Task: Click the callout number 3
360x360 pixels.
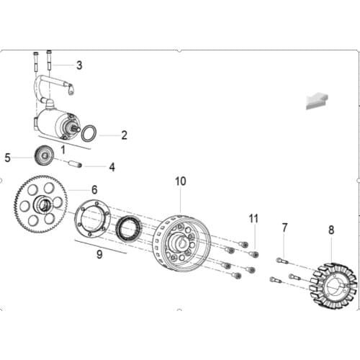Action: coord(79,66)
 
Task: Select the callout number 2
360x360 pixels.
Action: coord(124,135)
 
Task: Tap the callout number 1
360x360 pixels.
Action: coord(63,150)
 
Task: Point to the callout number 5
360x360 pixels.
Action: coord(8,157)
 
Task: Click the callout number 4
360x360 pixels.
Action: coord(112,167)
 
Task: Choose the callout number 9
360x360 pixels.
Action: coord(99,254)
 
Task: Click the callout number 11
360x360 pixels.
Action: coord(253,217)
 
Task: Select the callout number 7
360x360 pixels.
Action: coord(284,228)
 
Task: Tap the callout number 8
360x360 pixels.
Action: coord(331,230)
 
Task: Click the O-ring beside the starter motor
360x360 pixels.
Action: coord(89,133)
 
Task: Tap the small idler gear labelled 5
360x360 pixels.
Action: coord(44,154)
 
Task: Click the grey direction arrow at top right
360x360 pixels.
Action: coord(317,99)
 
